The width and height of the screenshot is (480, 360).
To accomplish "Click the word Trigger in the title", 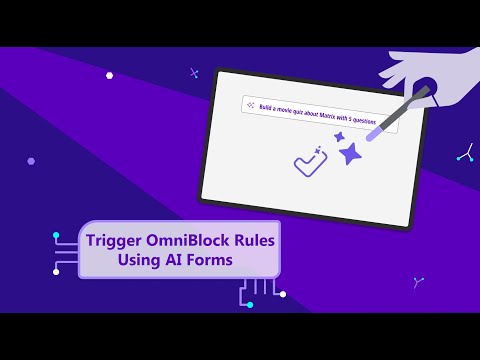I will (x=112, y=241).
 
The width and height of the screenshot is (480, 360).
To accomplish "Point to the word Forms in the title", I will (x=208, y=260).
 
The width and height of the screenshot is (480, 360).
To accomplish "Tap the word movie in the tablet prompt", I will (x=287, y=108).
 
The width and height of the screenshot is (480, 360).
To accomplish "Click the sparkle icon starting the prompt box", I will (x=249, y=102).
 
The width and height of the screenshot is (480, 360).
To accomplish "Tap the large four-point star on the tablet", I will (x=349, y=154).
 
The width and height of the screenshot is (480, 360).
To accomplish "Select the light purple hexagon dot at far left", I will (x=31, y=160).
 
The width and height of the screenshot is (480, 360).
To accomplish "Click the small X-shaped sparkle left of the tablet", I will (x=193, y=72).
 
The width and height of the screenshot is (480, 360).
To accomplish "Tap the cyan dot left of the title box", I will (x=56, y=236).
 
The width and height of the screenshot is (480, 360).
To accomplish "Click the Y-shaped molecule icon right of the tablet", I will (x=464, y=152).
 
